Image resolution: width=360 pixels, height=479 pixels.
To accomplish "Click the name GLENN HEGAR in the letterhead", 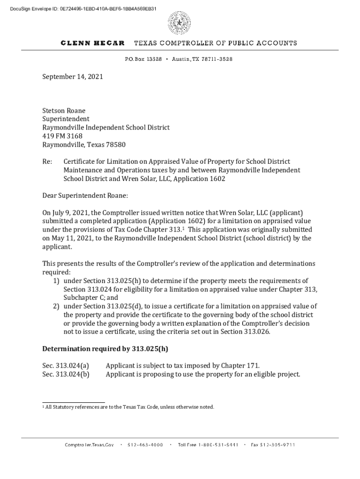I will tap(93, 43).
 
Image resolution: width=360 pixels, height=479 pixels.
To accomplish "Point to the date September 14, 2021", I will tap(72, 76).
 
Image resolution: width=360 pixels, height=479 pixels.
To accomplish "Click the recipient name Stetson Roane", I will tap(64, 111).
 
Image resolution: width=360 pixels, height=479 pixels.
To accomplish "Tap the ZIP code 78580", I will tap(116, 145).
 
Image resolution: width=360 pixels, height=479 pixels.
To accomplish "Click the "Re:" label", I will tap(47, 162).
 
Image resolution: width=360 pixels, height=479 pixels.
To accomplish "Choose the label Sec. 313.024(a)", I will tap(66, 365).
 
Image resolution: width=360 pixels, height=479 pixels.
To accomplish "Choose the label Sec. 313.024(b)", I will tap(66, 374).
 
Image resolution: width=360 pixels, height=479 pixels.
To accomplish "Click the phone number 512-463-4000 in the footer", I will tap(145, 445).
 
